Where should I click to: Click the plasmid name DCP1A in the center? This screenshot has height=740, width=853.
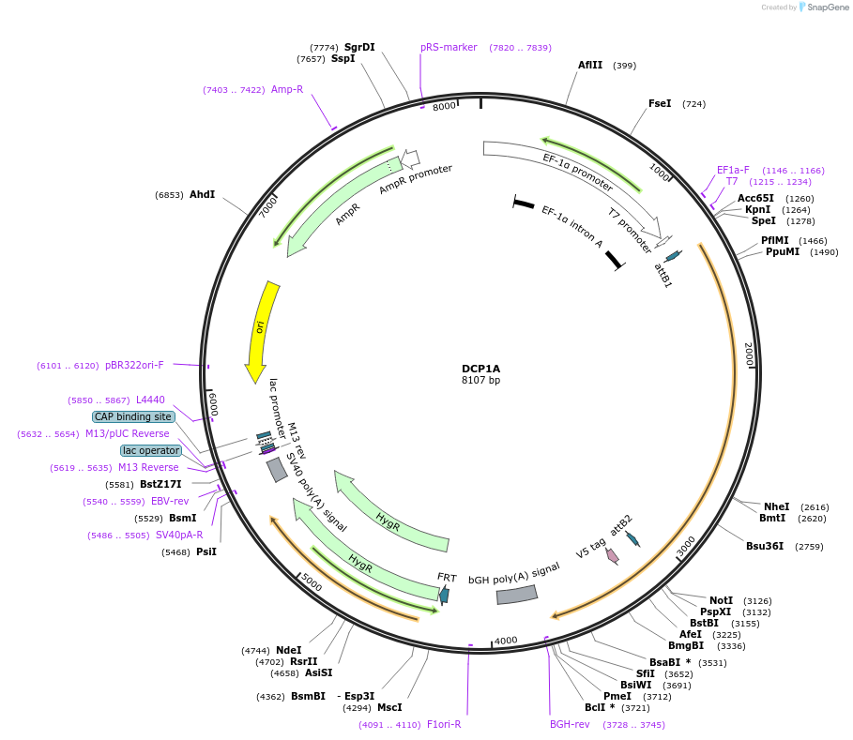pos(480,369)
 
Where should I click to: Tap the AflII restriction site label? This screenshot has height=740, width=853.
pos(590,66)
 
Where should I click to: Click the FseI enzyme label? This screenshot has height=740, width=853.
pos(660,103)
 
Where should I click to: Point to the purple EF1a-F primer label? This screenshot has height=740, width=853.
pos(733,170)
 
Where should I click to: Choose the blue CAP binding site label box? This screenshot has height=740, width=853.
pos(133,416)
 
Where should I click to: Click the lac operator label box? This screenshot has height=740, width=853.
pos(150,450)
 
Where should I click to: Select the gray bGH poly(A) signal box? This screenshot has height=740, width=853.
pos(516,595)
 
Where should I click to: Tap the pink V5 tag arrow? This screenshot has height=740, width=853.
pos(613,555)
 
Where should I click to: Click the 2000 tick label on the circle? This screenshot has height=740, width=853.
pos(749,355)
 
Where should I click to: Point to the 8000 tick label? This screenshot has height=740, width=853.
pos(444,106)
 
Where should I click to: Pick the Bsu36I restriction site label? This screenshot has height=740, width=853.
pos(765,546)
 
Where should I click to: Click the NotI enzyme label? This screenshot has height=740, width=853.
pos(721,600)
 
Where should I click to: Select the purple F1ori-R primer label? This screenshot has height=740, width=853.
pos(444,724)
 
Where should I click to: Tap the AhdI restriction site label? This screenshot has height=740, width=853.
pos(202,195)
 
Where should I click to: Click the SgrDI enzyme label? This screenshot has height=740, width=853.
pos(359,47)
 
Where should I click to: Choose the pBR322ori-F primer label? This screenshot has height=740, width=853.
pos(134,365)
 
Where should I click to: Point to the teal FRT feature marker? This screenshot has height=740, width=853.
pos(444,594)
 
